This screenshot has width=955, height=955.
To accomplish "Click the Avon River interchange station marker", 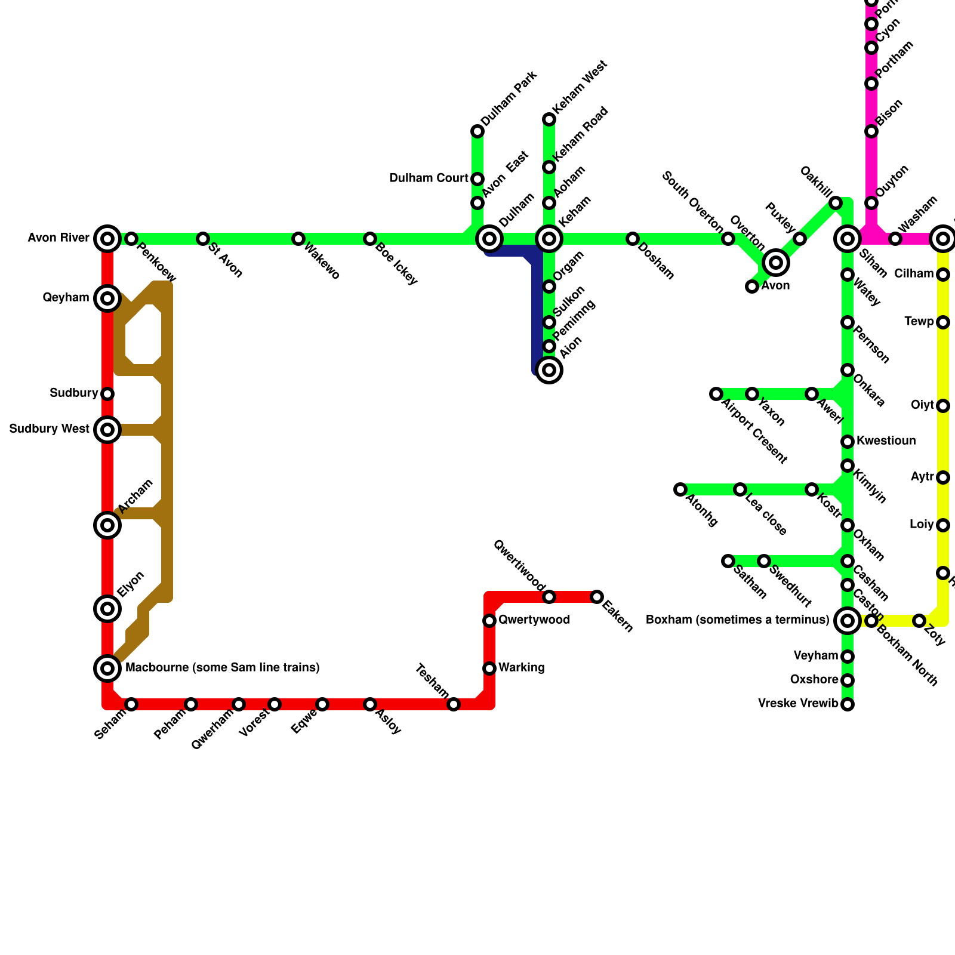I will [107, 239].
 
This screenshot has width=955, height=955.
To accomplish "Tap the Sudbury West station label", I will [50, 429].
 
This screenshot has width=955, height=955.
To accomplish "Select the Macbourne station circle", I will [107, 668].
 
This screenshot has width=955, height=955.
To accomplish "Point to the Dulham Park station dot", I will [478, 131].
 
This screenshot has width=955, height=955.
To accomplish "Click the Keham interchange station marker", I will [549, 239].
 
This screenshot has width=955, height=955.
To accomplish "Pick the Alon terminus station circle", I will [549, 370].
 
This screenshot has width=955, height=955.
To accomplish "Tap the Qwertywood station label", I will [534, 620].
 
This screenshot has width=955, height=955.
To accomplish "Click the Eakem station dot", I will [597, 597].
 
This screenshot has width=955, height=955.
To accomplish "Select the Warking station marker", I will [489, 668].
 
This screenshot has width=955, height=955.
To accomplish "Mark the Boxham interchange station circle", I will [848, 621].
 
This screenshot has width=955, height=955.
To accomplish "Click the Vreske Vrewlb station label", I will [798, 704].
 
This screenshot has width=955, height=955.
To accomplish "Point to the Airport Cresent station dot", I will [716, 394].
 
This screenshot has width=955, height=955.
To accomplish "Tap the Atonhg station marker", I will [680, 489].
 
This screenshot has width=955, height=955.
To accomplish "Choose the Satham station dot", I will [728, 561].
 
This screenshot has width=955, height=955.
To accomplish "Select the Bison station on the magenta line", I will [871, 131].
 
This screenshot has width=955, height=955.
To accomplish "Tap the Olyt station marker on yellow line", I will [943, 406].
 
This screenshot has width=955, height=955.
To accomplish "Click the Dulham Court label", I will [429, 178].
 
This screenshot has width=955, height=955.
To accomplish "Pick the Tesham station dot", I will [454, 704].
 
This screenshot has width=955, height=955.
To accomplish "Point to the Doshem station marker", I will [633, 239].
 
